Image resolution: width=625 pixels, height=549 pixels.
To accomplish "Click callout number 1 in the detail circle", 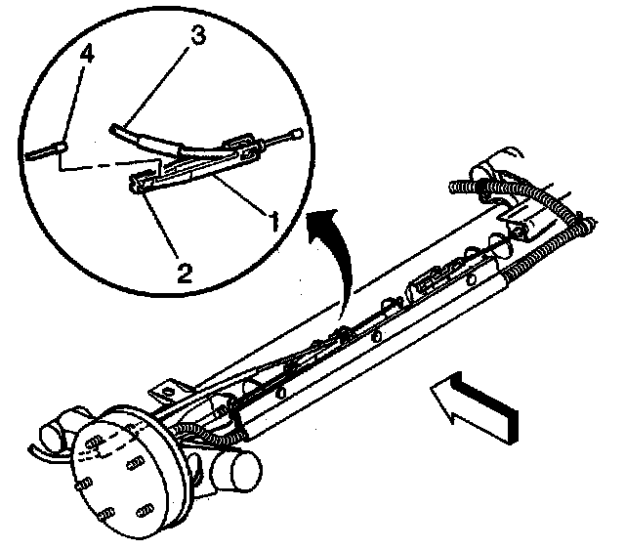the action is pos(274,221).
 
